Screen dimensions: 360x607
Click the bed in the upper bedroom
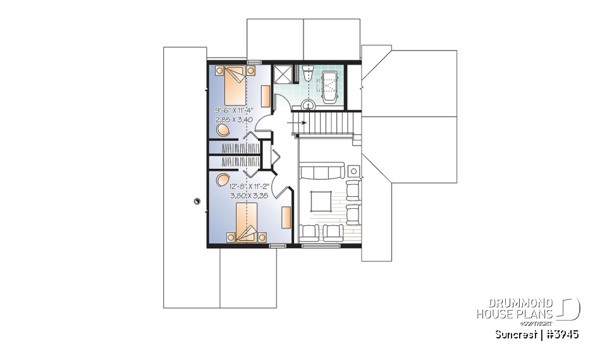232,80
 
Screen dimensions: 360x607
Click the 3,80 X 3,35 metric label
244,197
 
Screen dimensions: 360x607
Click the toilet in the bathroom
308,75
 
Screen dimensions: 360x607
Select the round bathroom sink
309,105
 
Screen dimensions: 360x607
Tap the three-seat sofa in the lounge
321,171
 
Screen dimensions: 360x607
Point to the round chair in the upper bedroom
223,130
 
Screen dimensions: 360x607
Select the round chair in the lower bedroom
222,179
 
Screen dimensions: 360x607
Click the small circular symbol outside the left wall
197,201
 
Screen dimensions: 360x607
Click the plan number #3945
563,334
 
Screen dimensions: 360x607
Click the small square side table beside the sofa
353,170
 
